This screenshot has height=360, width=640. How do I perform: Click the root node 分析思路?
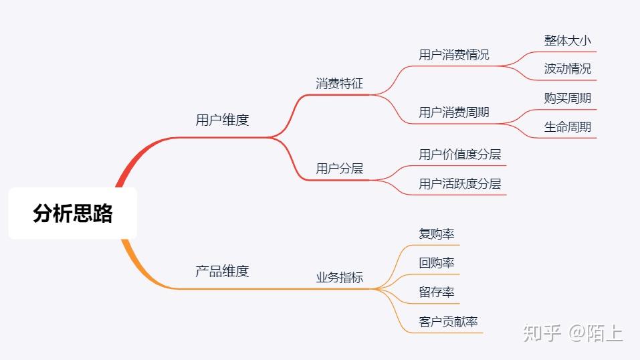(x=73, y=213)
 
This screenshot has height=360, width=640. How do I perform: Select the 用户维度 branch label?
(x=222, y=120)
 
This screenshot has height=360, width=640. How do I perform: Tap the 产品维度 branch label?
(x=222, y=271)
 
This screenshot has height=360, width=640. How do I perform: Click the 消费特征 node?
(x=339, y=84)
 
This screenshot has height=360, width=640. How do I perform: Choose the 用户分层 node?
(x=339, y=169)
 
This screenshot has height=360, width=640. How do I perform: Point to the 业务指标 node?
(x=339, y=278)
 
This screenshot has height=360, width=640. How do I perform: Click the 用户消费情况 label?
(x=454, y=55)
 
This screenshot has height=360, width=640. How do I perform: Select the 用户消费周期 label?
(x=454, y=112)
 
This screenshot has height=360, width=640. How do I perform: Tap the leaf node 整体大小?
(x=568, y=40)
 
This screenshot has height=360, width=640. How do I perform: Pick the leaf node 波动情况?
(x=568, y=69)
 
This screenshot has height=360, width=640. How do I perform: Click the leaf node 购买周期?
(x=568, y=98)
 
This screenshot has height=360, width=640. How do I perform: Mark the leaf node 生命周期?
(x=568, y=127)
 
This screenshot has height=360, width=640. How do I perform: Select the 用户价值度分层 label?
(x=460, y=155)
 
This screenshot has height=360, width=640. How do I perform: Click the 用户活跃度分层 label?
(x=460, y=184)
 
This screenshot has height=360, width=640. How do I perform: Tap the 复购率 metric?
(x=437, y=234)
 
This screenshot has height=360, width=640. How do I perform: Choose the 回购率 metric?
(x=437, y=263)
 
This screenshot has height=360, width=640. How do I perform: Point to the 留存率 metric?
(x=437, y=292)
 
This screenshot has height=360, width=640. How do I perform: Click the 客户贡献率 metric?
(x=449, y=322)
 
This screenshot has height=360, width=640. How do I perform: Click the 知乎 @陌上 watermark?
(x=573, y=332)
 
